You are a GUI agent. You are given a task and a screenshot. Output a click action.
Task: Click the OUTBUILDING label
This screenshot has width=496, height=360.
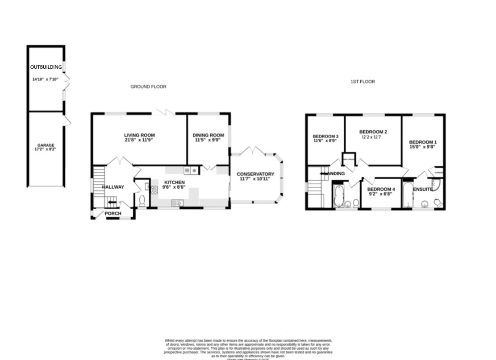tap(46, 67)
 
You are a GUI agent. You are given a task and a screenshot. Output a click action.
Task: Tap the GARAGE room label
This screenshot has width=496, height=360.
tap(46, 145)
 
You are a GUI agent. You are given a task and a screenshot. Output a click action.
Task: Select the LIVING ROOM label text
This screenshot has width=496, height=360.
tap(139, 135)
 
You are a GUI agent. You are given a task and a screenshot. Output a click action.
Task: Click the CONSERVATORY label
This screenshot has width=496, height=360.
tap(255, 174)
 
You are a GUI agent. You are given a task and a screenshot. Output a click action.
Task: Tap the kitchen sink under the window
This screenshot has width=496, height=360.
tap(179, 203)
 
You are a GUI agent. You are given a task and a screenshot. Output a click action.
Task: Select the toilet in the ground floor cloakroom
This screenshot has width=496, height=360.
tap(142, 202)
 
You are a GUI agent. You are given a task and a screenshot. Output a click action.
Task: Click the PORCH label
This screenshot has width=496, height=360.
tap(113, 213)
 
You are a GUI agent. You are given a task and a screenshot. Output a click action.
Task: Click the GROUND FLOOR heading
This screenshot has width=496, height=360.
tap(148, 87)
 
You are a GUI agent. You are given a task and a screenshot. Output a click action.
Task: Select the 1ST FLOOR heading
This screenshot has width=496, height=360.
tap(363, 82)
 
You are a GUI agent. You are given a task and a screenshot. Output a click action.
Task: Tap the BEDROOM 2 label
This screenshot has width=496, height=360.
tap(373, 132)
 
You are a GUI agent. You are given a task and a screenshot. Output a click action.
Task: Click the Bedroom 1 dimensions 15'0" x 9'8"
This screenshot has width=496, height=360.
tap(422, 146)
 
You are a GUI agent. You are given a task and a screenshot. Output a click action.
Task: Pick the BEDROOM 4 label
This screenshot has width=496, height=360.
tap(381, 189)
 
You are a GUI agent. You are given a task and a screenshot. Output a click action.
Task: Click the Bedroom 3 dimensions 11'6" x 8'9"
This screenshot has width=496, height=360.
tap(325, 141)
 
